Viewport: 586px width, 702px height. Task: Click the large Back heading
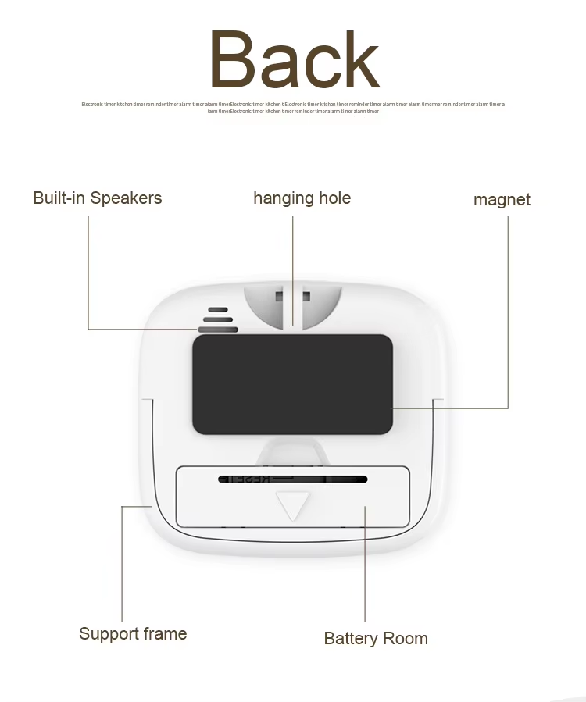pyautogui.click(x=294, y=60)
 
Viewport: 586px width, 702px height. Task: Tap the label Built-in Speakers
pyautogui.click(x=98, y=198)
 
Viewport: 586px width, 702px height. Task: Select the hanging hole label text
pyautogui.click(x=302, y=198)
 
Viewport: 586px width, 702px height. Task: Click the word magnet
pyautogui.click(x=502, y=200)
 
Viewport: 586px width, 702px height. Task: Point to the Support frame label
pyautogui.click(x=133, y=633)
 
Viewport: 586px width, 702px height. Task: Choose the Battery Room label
pyautogui.click(x=376, y=639)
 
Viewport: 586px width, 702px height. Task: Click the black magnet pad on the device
pyautogui.click(x=292, y=384)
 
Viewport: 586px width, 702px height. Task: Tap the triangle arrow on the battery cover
pyautogui.click(x=293, y=504)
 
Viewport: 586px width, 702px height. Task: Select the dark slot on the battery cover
pyautogui.click(x=292, y=478)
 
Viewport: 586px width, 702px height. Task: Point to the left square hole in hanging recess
pyautogui.click(x=278, y=297)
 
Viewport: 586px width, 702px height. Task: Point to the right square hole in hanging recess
pyautogui.click(x=306, y=297)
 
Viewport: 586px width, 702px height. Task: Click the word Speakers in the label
pyautogui.click(x=126, y=198)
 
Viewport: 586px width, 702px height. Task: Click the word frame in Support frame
pyautogui.click(x=163, y=633)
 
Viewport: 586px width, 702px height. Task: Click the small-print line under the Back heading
pyautogui.click(x=293, y=108)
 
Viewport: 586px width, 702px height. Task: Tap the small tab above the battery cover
pyautogui.click(x=292, y=451)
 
